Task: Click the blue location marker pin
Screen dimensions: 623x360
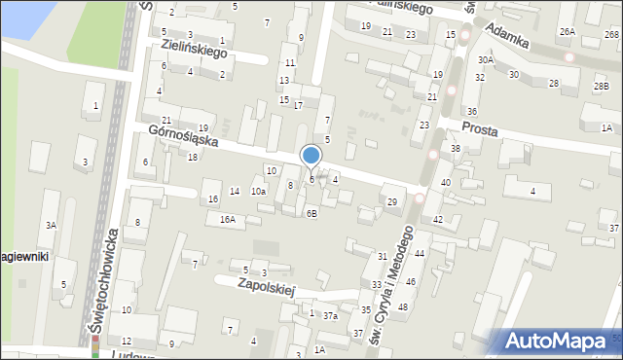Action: click(x=311, y=156)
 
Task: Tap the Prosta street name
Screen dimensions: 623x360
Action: click(x=481, y=127)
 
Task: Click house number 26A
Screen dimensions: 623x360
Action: click(x=567, y=32)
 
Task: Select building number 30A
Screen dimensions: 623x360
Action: click(x=485, y=60)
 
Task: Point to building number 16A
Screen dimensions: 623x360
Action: click(x=227, y=220)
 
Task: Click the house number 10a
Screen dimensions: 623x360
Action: click(x=257, y=192)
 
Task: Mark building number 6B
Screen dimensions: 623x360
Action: click(x=311, y=213)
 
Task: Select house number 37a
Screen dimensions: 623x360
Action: click(x=330, y=315)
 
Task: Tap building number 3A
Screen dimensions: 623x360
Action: click(x=51, y=225)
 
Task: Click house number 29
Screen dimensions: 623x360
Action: click(x=392, y=201)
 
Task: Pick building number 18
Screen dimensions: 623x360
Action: click(x=193, y=157)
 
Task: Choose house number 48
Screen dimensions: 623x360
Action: click(x=402, y=307)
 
